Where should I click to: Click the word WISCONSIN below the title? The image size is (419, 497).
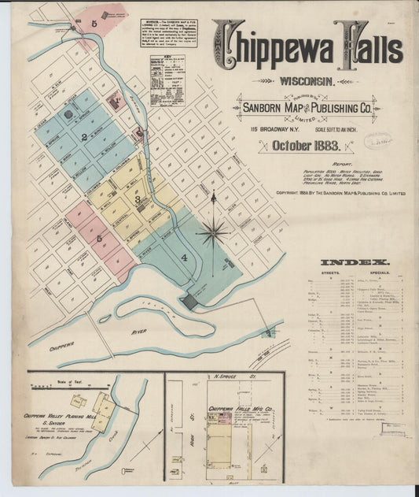coord(307,80)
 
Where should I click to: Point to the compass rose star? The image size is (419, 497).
coord(213,232)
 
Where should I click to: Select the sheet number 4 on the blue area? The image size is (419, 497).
coord(185,258)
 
